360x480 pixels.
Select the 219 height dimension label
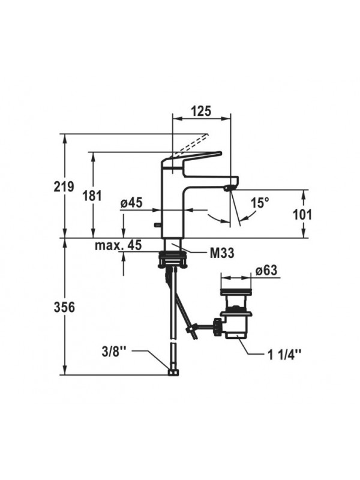point(62,187)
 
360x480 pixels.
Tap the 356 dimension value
point(62,307)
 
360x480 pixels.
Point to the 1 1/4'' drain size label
point(284,353)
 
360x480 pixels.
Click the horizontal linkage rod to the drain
point(207,326)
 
